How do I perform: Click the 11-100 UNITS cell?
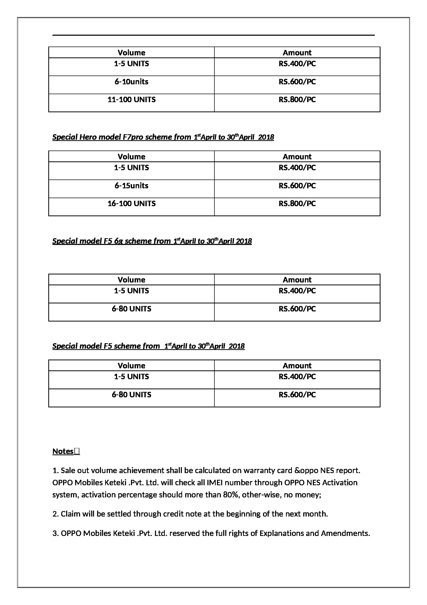[x=131, y=100]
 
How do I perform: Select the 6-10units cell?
[x=131, y=82]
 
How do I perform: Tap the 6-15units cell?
[x=131, y=185]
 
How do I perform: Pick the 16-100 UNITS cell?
[x=131, y=203]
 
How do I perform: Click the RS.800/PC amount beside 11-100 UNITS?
[x=297, y=100]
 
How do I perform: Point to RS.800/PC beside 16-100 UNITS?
[x=297, y=203]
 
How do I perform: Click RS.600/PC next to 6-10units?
[x=297, y=82]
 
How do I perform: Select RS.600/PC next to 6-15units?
[x=297, y=185]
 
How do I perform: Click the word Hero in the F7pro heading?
[x=88, y=137]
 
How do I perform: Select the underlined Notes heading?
[x=63, y=451]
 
